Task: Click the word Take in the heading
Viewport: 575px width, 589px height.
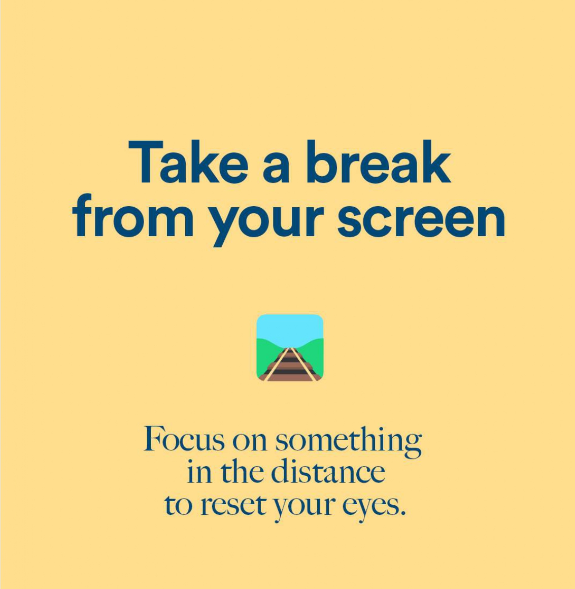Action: (188, 162)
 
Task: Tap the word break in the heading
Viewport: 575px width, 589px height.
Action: (379, 162)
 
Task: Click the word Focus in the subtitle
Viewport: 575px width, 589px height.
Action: (184, 438)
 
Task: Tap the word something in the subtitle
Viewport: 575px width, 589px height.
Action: (349, 442)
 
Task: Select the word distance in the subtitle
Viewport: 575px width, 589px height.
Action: (328, 471)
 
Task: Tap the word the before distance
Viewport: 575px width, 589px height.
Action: (242, 471)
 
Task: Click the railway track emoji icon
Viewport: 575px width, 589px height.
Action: (290, 348)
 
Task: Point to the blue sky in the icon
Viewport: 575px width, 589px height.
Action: (290, 328)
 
